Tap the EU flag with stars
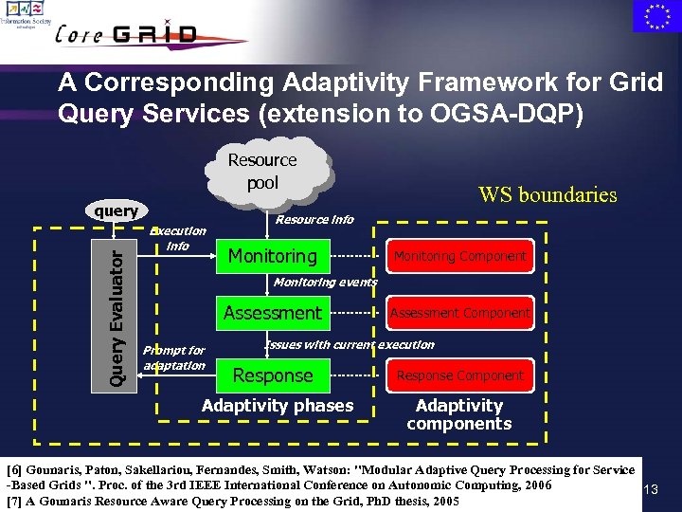click(x=655, y=16)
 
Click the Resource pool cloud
click(x=262, y=172)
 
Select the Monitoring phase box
click(x=273, y=256)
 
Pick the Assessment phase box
click(x=273, y=313)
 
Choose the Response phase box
click(x=273, y=375)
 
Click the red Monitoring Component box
click(x=459, y=256)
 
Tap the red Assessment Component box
click(x=459, y=313)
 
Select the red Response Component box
click(x=459, y=375)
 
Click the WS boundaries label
click(x=547, y=195)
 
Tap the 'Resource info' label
click(x=314, y=220)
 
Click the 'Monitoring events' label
click(x=325, y=282)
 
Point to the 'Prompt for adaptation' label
click(x=174, y=357)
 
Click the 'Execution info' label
click(x=178, y=238)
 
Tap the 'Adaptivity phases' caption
click(x=278, y=406)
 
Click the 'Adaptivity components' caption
click(x=459, y=414)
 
